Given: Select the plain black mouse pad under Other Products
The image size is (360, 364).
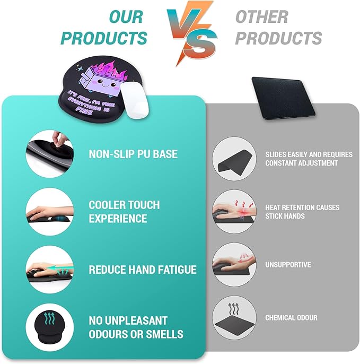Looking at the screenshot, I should click(282, 96).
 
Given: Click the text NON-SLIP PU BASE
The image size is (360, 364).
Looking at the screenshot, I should click(133, 154).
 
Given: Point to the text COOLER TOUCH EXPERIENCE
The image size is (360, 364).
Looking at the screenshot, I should click(124, 211).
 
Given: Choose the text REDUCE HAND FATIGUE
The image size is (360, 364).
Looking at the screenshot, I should click(143, 270).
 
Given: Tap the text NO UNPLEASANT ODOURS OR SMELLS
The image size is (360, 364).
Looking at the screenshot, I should click(136, 327).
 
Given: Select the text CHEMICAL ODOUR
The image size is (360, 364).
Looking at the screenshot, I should click(291, 318).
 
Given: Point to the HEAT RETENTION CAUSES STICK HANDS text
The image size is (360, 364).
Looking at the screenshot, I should click(302, 212).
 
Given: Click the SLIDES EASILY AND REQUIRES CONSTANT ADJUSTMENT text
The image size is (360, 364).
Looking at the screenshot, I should click(309, 159).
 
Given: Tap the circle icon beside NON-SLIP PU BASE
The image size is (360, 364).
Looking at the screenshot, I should click(50, 154).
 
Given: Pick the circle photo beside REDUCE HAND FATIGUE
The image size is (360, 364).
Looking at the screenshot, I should click(50, 269).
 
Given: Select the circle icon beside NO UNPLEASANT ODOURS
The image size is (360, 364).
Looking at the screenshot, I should click(50, 326).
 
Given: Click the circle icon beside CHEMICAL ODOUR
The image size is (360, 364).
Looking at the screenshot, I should click(235, 318).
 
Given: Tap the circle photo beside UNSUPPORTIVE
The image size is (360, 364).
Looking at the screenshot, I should click(235, 265).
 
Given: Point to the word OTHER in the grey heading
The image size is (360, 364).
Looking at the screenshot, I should click(261, 16).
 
